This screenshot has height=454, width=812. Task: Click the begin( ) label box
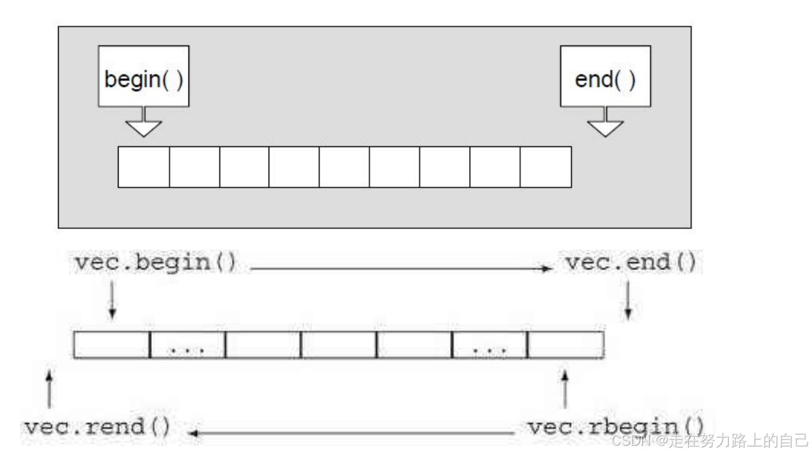(x=144, y=76)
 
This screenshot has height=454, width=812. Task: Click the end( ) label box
(x=605, y=76)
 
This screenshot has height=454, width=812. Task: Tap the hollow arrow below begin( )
(x=144, y=125)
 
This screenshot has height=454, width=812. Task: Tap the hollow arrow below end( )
(x=605, y=125)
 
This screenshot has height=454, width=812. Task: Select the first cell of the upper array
(x=144, y=167)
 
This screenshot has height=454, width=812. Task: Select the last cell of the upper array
(x=546, y=167)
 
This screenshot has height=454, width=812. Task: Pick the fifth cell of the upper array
(x=344, y=167)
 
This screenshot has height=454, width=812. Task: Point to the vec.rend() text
(x=96, y=427)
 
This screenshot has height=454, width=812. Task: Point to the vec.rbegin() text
(x=615, y=427)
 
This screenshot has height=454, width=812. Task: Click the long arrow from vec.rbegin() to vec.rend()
(x=353, y=433)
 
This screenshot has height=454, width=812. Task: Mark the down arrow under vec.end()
(x=628, y=300)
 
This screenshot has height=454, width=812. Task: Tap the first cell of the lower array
(x=112, y=345)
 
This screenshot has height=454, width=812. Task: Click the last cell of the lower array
(x=566, y=345)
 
